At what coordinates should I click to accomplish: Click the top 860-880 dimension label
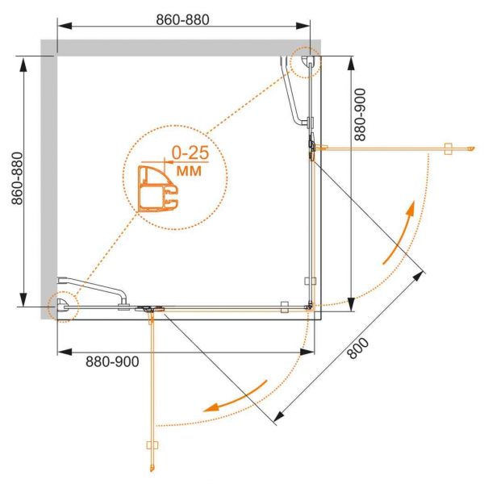click(x=182, y=19)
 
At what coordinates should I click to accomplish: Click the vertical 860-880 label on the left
click(x=17, y=178)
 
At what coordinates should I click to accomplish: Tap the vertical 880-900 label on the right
click(x=360, y=115)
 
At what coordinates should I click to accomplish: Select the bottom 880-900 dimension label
click(x=112, y=361)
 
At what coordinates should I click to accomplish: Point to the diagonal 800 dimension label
click(x=358, y=348)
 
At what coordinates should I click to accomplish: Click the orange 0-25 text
click(x=190, y=152)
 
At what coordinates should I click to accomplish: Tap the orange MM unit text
click(x=189, y=170)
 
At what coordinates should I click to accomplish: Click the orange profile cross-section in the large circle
click(x=158, y=189)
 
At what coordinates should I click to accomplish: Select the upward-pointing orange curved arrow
click(x=400, y=232)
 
